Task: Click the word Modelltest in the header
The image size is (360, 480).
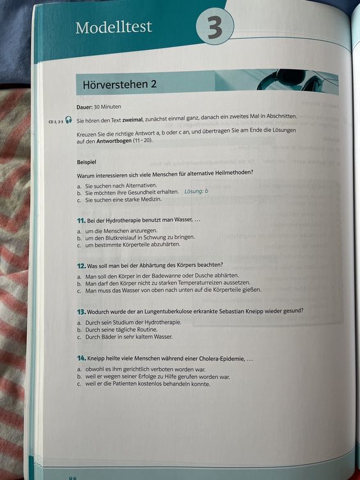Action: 114,28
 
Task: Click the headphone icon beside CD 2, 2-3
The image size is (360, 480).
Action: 68,120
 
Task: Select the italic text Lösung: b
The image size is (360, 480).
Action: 198,191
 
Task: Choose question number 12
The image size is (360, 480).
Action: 81,265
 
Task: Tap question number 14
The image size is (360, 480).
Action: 81,359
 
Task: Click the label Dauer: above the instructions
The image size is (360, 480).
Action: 85,106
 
